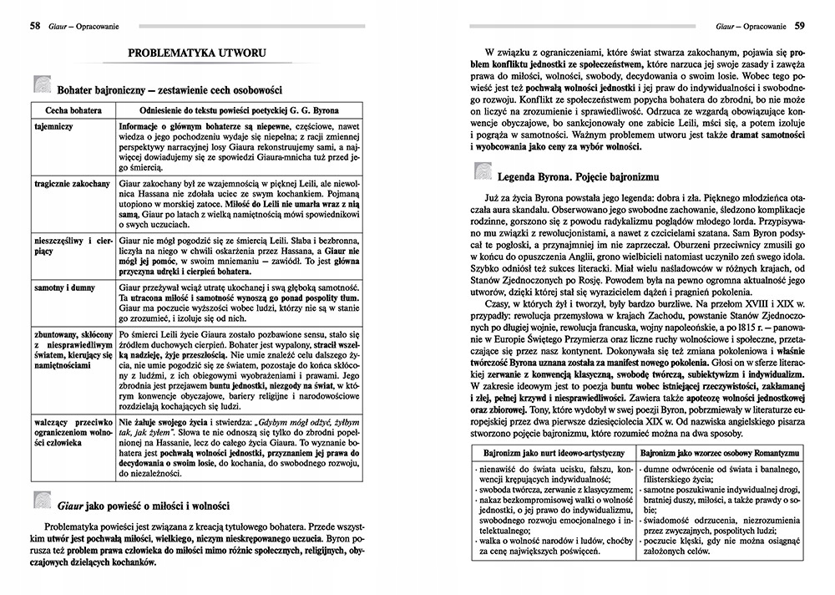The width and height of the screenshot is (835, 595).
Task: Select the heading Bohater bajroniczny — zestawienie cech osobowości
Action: tap(170, 88)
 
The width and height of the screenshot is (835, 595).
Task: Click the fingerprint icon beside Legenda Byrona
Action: tap(482, 173)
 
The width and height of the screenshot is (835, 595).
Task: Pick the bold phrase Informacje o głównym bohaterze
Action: tap(179, 126)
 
